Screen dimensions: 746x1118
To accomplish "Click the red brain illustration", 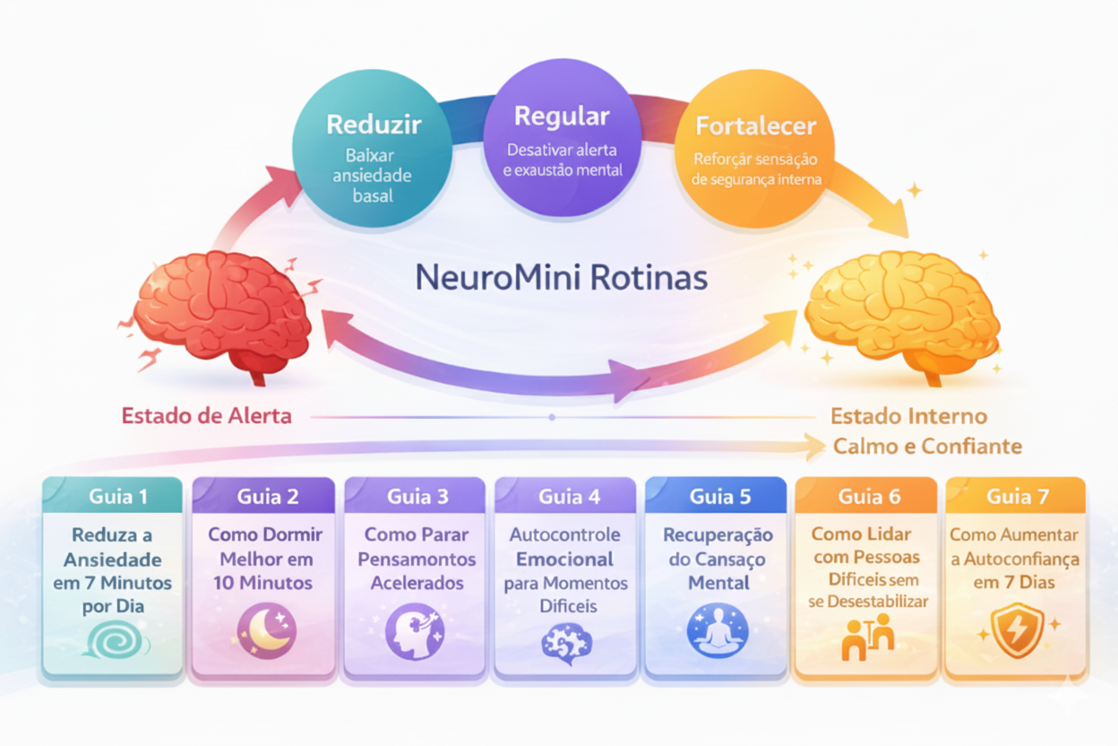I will click(x=224, y=309).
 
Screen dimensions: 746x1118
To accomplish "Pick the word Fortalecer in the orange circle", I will click(x=755, y=126).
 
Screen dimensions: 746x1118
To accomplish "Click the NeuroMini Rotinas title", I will click(x=562, y=277).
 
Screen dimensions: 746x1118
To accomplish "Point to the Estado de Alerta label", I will click(x=206, y=416).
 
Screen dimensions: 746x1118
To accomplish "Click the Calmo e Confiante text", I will click(x=927, y=446).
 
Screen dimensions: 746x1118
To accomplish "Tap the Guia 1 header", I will click(x=118, y=496).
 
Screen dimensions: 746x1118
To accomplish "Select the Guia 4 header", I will click(x=568, y=496).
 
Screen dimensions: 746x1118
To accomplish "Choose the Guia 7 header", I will click(x=1016, y=496).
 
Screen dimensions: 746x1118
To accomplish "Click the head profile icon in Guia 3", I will click(x=414, y=630).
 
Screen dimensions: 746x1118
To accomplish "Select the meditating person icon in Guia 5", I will click(x=717, y=630).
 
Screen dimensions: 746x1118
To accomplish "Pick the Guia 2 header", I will click(x=268, y=496).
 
